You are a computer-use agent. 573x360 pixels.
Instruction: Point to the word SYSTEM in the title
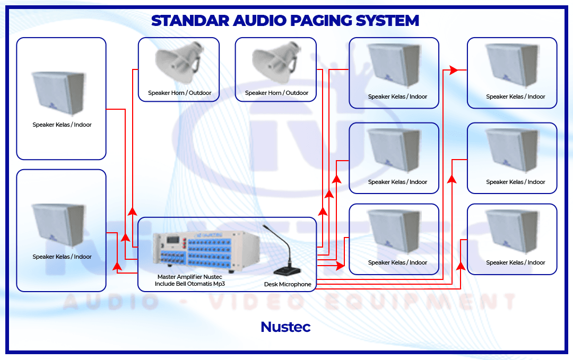tap(388, 21)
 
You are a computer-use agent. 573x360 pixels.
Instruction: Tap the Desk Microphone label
tap(288, 285)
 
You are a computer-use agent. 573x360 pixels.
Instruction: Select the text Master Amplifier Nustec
tap(189, 277)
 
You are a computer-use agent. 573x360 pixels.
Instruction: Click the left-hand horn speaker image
tap(178, 63)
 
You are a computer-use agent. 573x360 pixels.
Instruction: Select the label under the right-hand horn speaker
tap(276, 93)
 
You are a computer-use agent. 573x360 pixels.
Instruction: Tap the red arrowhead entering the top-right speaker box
tap(454, 70)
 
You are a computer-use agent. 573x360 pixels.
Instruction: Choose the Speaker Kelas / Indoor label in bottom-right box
tap(515, 262)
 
